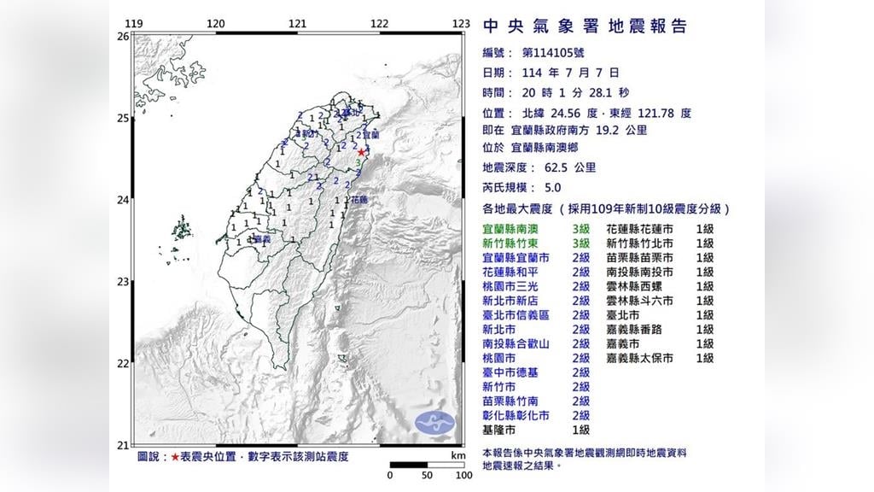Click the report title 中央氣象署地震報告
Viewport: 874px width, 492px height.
click(x=585, y=26)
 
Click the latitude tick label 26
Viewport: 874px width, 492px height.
click(x=122, y=37)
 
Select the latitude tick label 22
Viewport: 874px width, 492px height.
click(x=122, y=364)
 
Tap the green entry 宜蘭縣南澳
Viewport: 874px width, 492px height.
click(x=510, y=229)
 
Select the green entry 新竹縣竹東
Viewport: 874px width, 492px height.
click(x=510, y=243)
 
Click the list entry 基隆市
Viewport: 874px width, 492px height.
click(x=500, y=430)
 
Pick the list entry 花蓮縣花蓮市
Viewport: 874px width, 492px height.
click(x=639, y=229)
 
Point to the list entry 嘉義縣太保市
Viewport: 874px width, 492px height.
click(x=639, y=358)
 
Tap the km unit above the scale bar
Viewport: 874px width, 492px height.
click(x=459, y=455)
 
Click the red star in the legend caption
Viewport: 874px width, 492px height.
click(x=176, y=457)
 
